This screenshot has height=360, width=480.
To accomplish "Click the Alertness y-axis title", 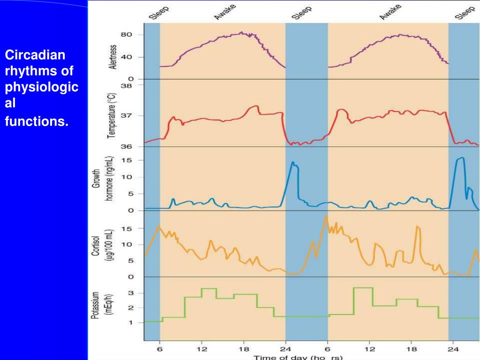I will pyautogui.click(x=112, y=57).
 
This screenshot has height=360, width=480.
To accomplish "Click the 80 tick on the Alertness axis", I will pyautogui.click(x=127, y=35).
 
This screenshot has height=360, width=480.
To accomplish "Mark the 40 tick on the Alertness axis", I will pyautogui.click(x=127, y=57).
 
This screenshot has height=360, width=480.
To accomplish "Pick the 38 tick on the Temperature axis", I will pyautogui.click(x=127, y=86).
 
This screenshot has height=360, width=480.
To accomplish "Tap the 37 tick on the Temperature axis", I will pyautogui.click(x=127, y=116).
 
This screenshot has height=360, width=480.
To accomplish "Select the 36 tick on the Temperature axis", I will pyautogui.click(x=127, y=146).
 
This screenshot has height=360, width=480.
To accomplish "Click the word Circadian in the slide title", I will pyautogui.click(x=35, y=55).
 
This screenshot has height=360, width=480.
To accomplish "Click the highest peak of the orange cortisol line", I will pyautogui.click(x=325, y=217).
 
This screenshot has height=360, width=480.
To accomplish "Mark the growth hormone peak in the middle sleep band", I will pyautogui.click(x=293, y=162).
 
